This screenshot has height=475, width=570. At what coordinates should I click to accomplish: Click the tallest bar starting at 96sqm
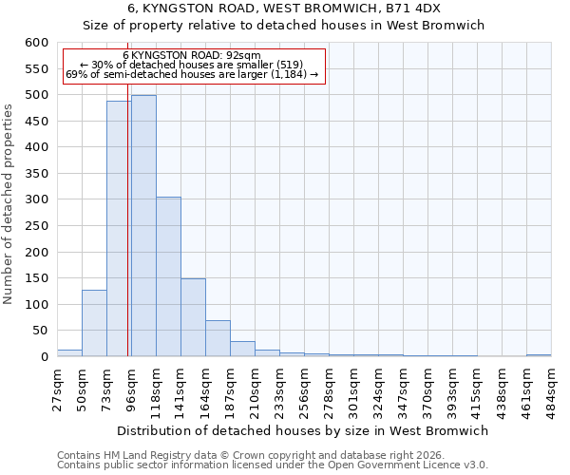(143, 226)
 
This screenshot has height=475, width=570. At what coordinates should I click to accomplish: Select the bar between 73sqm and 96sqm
(119, 229)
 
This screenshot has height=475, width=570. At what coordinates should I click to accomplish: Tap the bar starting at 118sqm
(168, 276)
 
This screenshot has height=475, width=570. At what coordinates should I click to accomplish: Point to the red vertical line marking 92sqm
(127, 237)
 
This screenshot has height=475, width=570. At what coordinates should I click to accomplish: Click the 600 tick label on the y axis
(36, 43)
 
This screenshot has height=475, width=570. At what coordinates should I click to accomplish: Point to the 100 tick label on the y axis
(36, 305)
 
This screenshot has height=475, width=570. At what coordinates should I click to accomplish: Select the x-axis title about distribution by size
(304, 430)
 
